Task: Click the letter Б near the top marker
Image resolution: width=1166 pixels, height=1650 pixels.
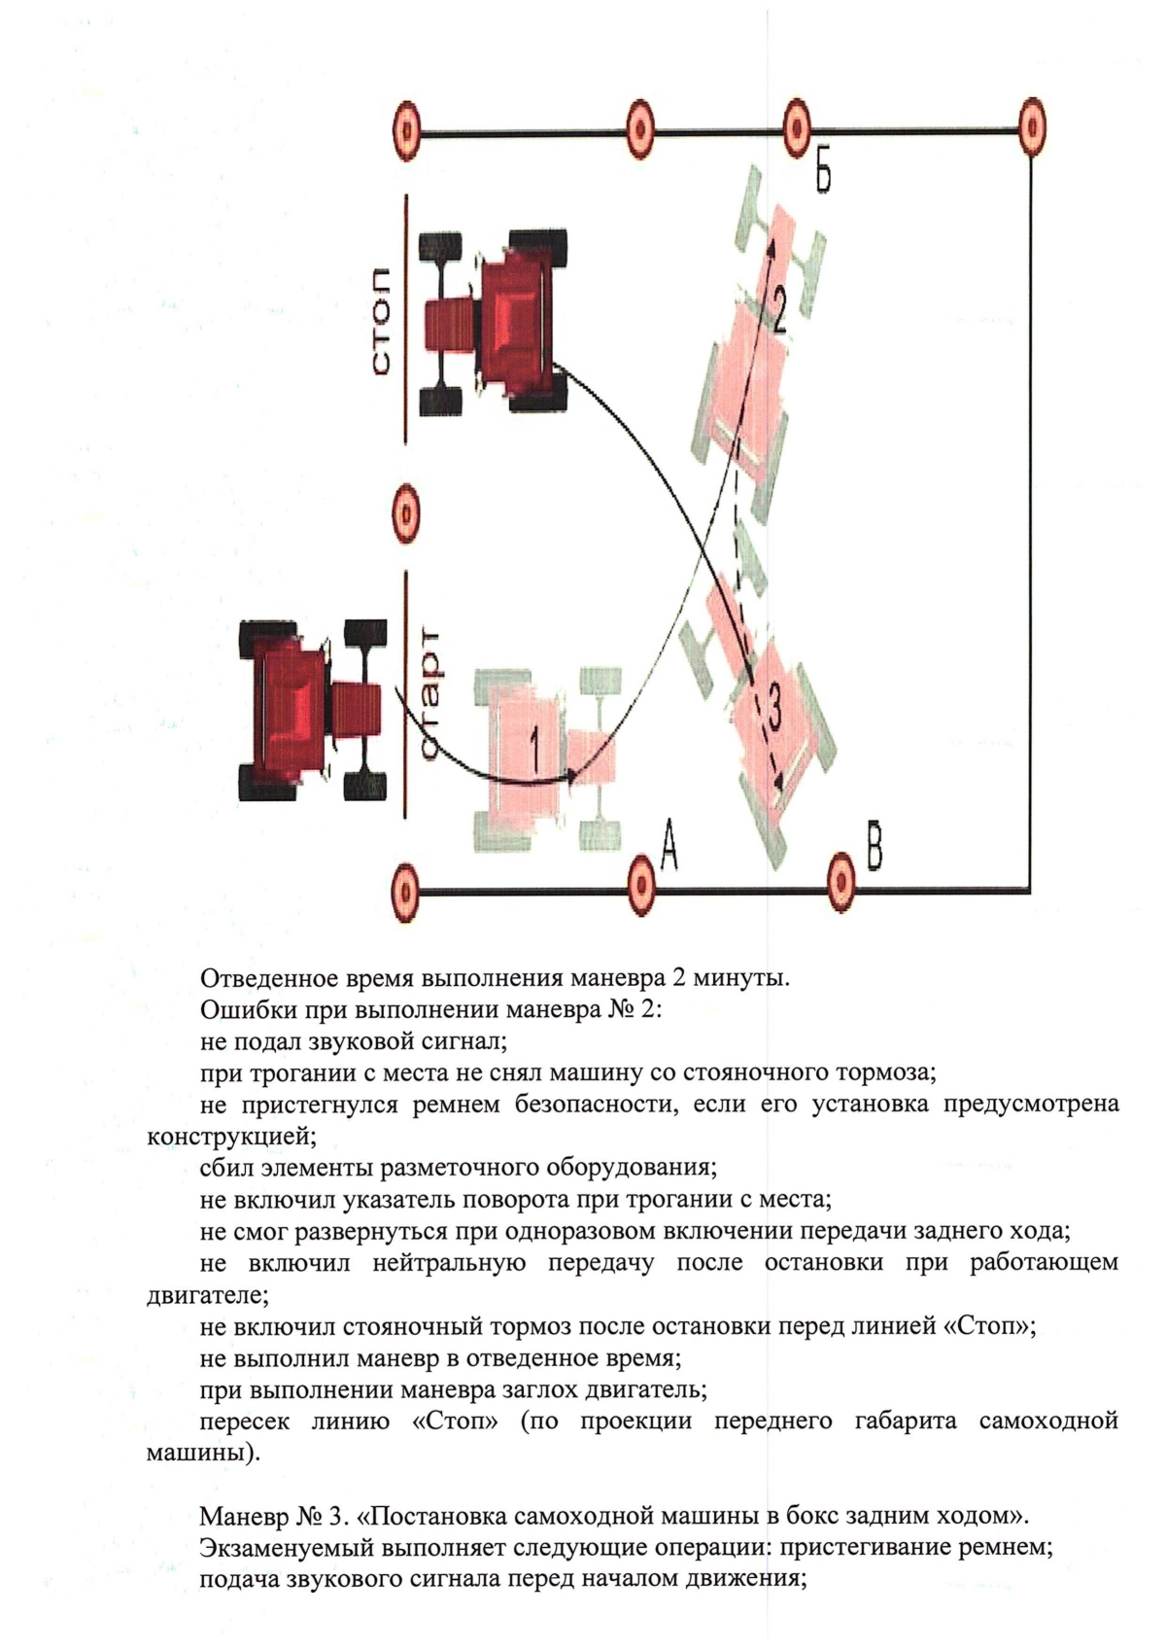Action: pos(823,175)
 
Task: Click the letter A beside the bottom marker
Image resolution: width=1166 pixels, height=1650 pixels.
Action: pos(669,843)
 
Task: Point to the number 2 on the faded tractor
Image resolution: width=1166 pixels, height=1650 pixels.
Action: pos(777,309)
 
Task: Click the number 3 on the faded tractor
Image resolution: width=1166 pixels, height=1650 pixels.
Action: pos(772,707)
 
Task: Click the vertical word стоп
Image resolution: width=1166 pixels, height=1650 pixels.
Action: pos(380,320)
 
